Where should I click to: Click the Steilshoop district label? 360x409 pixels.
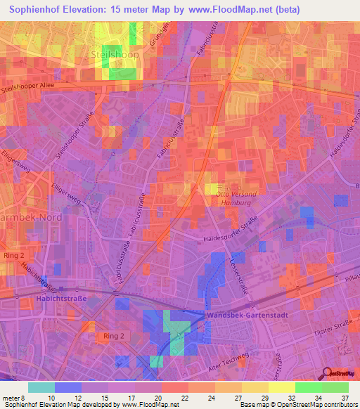116,53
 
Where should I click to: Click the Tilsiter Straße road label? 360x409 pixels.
332,329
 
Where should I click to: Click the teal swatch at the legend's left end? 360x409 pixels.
41,387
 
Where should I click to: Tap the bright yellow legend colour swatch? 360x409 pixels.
281,387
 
